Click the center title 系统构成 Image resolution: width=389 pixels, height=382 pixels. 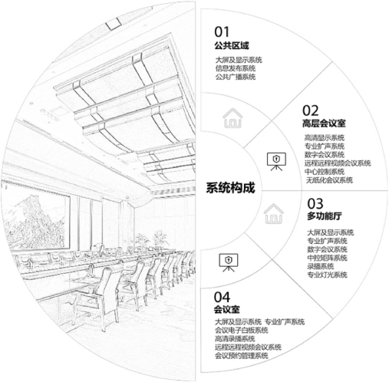[x=230, y=188]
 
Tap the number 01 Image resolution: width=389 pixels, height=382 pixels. [x=222, y=32]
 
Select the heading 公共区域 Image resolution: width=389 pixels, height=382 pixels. [x=232, y=46]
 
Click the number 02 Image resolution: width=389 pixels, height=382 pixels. [x=311, y=110]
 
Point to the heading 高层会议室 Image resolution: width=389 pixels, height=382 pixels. [x=324, y=123]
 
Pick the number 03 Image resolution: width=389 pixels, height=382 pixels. [x=315, y=204]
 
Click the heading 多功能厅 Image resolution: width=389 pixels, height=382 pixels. [x=325, y=216]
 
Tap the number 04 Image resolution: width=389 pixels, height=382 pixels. [x=222, y=297]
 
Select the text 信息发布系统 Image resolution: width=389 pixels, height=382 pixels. [x=236, y=68]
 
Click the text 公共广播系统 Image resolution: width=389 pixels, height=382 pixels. [x=236, y=77]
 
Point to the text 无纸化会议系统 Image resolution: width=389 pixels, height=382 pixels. [x=329, y=180]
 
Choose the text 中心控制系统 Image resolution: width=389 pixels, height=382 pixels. [x=325, y=172]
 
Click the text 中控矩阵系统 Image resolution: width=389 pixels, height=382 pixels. [x=327, y=258]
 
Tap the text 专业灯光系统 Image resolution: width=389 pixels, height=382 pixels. [x=327, y=275]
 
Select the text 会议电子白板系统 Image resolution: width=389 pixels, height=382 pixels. [x=242, y=330]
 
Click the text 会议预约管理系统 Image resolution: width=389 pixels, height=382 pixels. [x=242, y=356]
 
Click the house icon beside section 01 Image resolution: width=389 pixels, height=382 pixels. [x=232, y=118]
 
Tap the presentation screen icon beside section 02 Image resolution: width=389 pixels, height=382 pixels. [x=276, y=162]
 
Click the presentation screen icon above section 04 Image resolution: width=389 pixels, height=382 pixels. [x=229, y=262]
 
